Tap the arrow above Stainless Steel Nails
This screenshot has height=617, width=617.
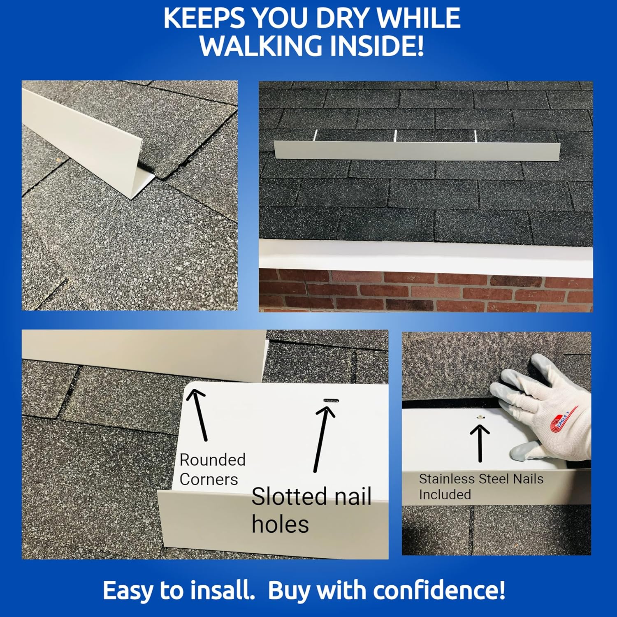coord(480,443)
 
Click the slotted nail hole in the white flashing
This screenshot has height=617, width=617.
coord(331,400)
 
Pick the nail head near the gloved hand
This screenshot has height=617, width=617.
coord(479,418)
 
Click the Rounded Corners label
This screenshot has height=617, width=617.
coord(212,469)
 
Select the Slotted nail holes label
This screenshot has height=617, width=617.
coord(311,510)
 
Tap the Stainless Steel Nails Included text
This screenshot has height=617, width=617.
coord(480,486)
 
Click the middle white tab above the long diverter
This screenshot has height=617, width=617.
coord(395,136)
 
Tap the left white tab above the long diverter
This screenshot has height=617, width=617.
coord(315,135)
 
